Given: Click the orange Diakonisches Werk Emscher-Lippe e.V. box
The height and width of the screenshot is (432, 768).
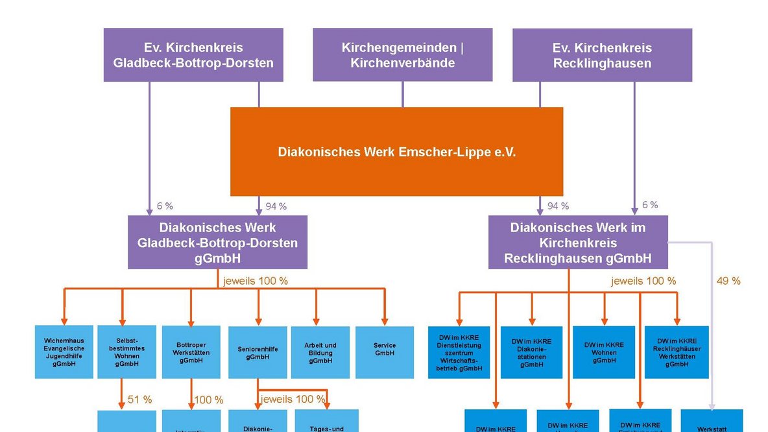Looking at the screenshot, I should (x=396, y=152).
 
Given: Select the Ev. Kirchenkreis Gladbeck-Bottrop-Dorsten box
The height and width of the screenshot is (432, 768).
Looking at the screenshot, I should (x=193, y=55).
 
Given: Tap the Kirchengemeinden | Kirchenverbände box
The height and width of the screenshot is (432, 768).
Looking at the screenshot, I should (x=402, y=55).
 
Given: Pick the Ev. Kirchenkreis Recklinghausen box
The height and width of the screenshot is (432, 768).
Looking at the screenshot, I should (x=602, y=55).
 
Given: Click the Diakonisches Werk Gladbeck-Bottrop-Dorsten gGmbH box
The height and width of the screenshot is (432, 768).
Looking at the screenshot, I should (x=217, y=243).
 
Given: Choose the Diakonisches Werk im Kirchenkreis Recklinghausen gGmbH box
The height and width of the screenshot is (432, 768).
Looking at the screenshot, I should (x=577, y=243).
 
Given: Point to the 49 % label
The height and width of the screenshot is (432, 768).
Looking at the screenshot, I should (x=728, y=281).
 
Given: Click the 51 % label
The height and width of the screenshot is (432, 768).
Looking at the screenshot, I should (x=139, y=400).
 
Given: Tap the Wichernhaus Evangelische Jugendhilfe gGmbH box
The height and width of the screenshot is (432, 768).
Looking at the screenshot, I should (x=64, y=352).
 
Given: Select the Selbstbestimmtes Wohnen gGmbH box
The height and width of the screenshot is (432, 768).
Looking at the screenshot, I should (x=126, y=352).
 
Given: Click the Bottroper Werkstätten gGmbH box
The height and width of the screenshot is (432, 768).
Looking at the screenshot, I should (x=191, y=352).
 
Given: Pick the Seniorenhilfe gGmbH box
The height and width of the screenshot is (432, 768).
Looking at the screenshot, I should (x=258, y=352).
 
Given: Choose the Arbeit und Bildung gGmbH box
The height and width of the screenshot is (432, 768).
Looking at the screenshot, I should (x=320, y=352).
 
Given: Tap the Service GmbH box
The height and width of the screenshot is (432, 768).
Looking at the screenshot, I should (x=385, y=352).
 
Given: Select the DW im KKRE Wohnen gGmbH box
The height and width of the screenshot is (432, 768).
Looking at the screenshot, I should (x=604, y=352).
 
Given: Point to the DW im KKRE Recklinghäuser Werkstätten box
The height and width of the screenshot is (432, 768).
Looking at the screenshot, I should (x=677, y=352).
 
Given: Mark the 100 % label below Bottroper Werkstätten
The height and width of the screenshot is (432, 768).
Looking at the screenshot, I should (x=209, y=400).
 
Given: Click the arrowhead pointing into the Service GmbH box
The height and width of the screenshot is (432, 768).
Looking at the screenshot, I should (x=385, y=321).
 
